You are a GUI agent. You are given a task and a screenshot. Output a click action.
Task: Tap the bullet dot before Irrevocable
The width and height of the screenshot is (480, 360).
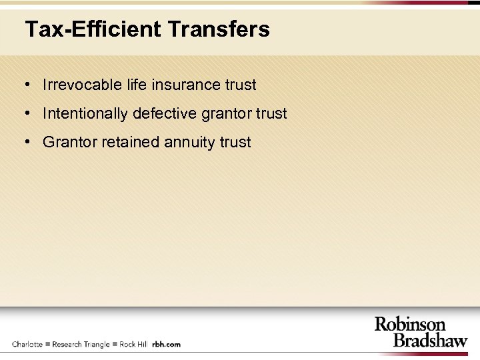coord(27,85)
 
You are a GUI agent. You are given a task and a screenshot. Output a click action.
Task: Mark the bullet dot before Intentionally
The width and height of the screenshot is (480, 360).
coord(27,113)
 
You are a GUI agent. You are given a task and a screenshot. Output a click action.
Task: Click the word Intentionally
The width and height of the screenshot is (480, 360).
coord(85,113)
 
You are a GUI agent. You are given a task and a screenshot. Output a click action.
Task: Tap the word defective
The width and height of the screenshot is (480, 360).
coord(165,113)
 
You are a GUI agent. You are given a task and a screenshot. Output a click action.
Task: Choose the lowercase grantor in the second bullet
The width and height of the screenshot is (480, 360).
coord(227,114)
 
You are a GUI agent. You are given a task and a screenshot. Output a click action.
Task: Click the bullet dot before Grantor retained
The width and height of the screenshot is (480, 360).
coord(27,142)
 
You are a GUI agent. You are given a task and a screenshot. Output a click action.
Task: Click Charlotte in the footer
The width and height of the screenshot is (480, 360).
coord(27,344)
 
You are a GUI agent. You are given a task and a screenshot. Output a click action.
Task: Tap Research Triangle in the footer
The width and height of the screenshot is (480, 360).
coord(81,344)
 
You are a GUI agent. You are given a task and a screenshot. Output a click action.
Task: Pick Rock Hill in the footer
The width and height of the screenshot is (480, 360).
coord(133,344)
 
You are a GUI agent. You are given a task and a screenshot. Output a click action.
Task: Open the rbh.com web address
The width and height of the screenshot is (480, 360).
coord(166,344)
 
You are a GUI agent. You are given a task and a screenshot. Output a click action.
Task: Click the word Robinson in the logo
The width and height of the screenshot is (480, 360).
coord(409,325)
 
